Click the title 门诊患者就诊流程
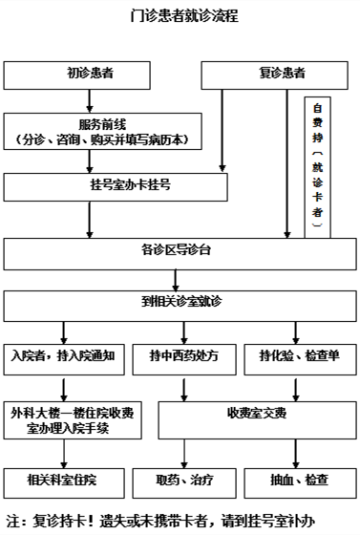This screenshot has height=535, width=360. tap(181, 16)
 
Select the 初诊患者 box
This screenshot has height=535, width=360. tap(89, 74)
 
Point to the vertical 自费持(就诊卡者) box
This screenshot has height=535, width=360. tap(318, 166)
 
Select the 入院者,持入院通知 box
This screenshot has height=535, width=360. tap(64, 356)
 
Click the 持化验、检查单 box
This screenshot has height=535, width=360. tap(299, 356)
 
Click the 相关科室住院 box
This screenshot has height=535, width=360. tap(63, 479)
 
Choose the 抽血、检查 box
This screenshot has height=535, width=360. tap(299, 479)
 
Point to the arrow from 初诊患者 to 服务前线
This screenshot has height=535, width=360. tap(90, 100)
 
